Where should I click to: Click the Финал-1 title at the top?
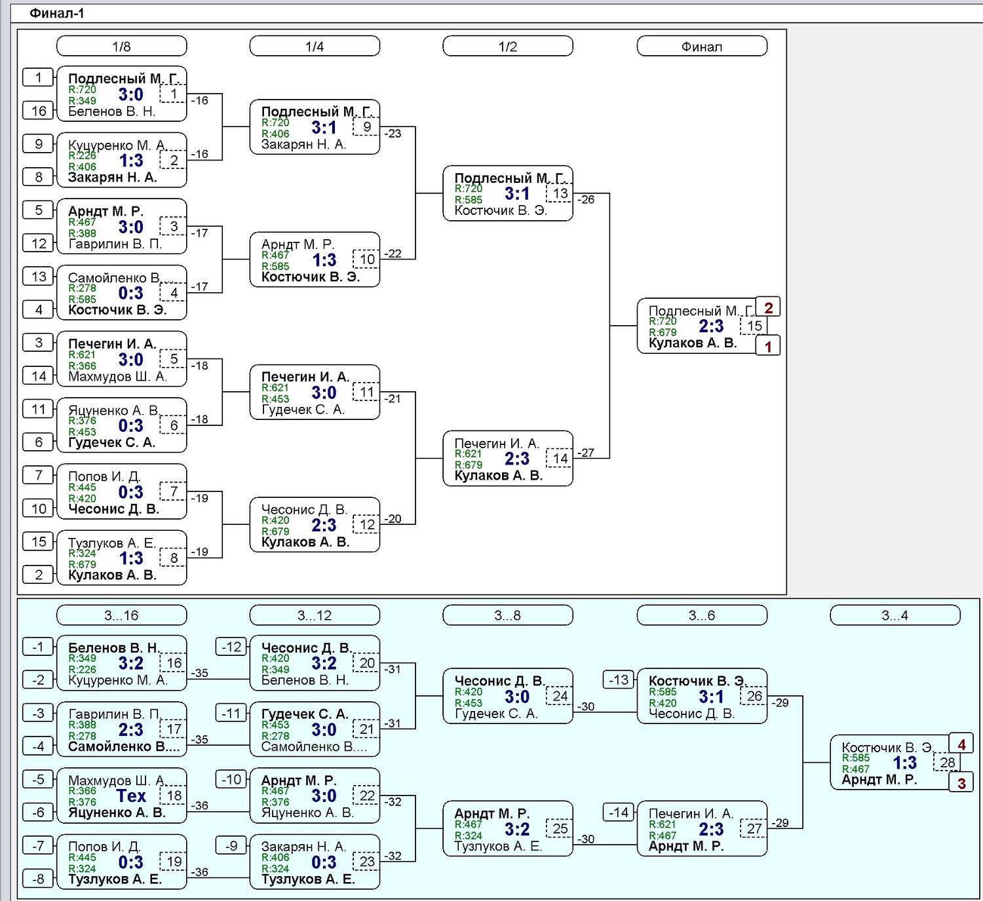tap(57, 13)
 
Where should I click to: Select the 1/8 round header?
tap(121, 46)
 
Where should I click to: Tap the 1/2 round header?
tap(508, 46)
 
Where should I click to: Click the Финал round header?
tap(702, 46)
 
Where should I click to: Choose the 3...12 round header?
tap(315, 615)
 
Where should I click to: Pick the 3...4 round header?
tap(895, 615)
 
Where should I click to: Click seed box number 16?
tap(38, 111)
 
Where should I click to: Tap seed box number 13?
tap(38, 276)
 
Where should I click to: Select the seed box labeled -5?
tap(38, 779)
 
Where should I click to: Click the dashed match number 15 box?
tap(754, 326)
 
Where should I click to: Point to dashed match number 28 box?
tap(947, 762)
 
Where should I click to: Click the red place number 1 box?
tap(768, 346)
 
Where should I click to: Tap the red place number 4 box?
tap(961, 744)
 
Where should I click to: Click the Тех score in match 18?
tap(131, 795)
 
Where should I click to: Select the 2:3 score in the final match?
tap(711, 326)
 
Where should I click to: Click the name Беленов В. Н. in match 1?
tap(111, 111)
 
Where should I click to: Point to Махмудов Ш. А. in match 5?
tap(117, 377)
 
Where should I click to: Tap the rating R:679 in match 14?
tap(469, 465)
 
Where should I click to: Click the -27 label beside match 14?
tap(586, 452)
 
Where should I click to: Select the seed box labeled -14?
tap(619, 813)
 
